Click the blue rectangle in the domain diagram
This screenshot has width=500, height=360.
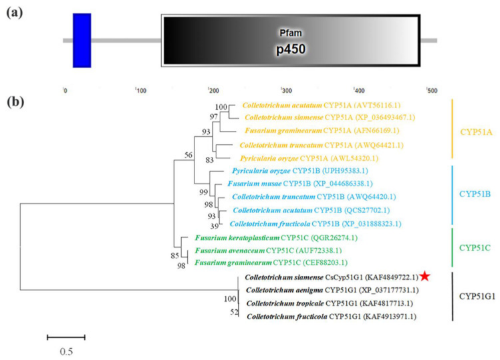pyautogui.click(x=82, y=40)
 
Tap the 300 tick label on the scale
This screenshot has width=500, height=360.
pyautogui.click(x=286, y=90)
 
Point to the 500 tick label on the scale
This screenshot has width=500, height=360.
pyautogui.click(x=431, y=90)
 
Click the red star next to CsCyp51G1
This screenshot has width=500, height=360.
pyautogui.click(x=425, y=276)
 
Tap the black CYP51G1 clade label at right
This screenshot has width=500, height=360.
pyautogui.click(x=477, y=296)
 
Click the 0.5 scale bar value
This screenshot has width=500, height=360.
pyautogui.click(x=66, y=351)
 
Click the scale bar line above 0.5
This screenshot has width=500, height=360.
pyautogui.click(x=66, y=337)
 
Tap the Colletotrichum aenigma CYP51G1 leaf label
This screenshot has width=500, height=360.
pyautogui.click(x=332, y=290)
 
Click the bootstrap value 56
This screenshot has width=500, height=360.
pyautogui.click(x=188, y=155)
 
